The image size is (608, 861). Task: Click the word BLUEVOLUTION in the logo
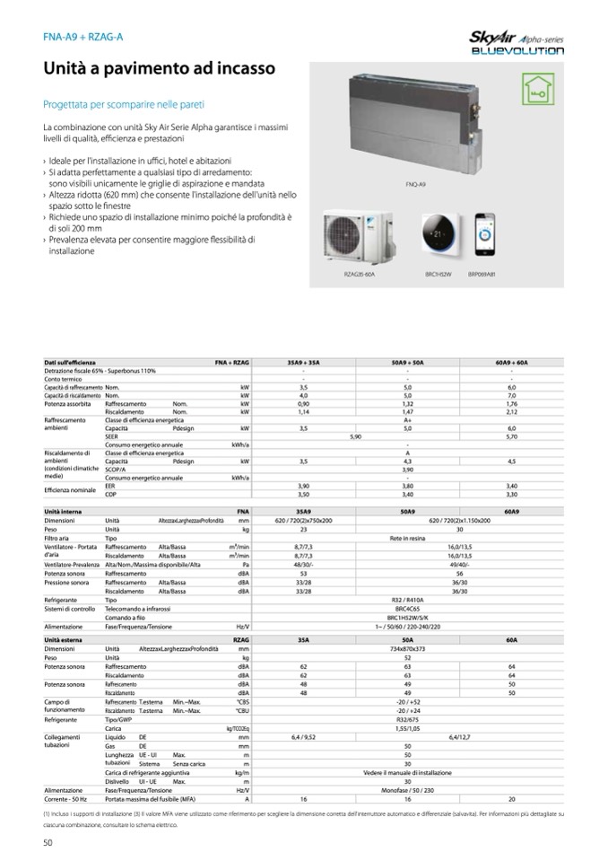tap(517, 52)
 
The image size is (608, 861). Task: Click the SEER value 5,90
tap(355, 436)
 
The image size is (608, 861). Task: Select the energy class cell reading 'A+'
tap(407, 421)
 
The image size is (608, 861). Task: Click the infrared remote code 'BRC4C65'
tap(407, 609)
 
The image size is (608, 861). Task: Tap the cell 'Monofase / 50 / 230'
tap(407, 789)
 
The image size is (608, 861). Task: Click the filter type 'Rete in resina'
tap(407, 538)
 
